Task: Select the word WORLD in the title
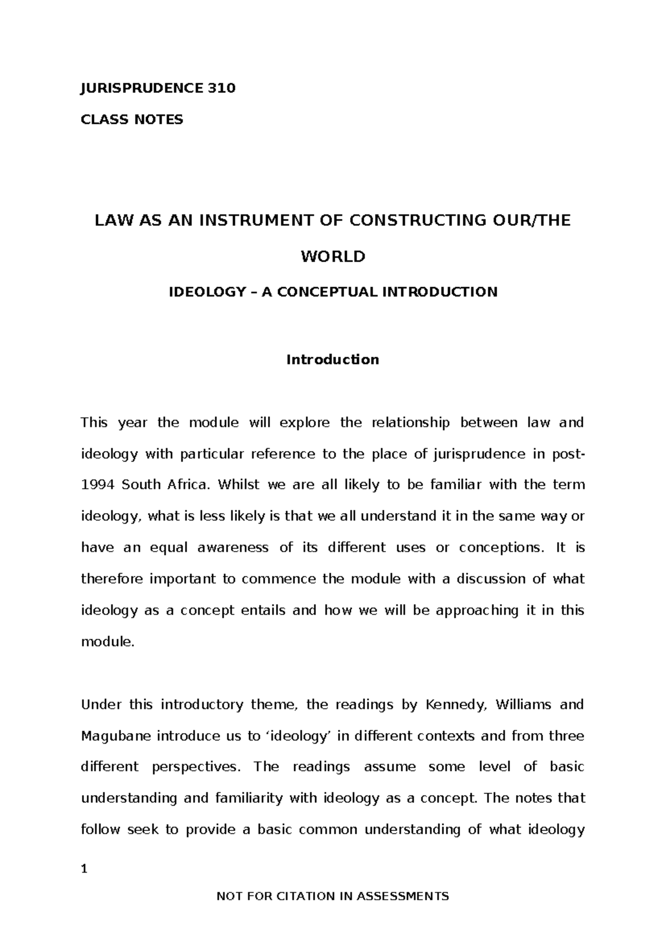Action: pos(333,257)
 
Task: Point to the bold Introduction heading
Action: pos(332,360)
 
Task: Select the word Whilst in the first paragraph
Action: pos(239,485)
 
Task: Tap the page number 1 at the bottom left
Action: pos(84,870)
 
